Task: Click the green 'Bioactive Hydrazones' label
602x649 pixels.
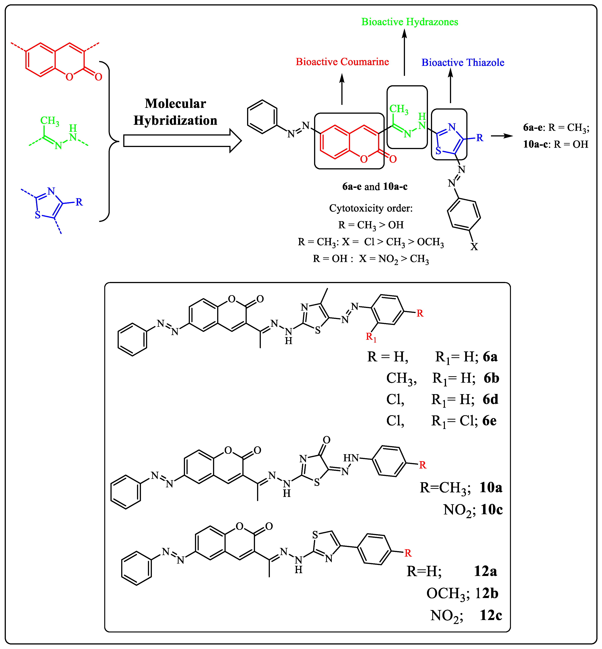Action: (x=409, y=22)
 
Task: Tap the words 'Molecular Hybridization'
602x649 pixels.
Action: (x=175, y=112)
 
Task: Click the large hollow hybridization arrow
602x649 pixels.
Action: (x=182, y=141)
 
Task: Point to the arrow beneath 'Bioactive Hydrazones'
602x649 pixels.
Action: (x=404, y=52)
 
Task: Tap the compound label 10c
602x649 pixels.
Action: (x=491, y=509)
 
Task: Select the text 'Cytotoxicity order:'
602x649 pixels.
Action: (x=371, y=208)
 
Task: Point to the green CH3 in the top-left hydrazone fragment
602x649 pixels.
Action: (x=49, y=121)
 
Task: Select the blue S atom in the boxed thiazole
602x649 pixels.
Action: (x=438, y=151)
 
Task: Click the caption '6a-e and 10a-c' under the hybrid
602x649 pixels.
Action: (x=375, y=186)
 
